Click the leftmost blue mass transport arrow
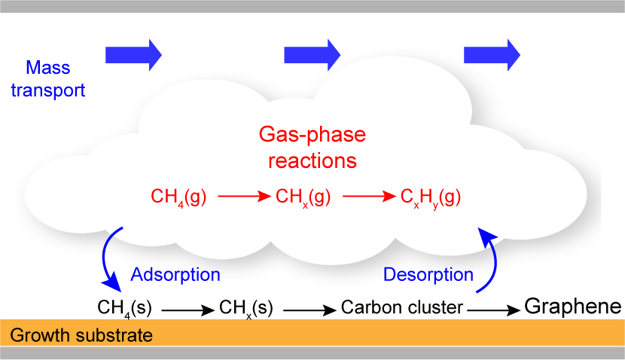pos(133,53)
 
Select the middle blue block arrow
pos(312,53)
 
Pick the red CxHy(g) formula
pos(431,198)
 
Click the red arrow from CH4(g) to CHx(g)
pos(243,197)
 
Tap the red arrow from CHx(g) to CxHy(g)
pos(369,197)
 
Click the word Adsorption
pos(175,274)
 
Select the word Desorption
pos(428,274)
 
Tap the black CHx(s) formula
pos(245,307)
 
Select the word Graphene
pos(572,307)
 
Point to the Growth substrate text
pos(83,334)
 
